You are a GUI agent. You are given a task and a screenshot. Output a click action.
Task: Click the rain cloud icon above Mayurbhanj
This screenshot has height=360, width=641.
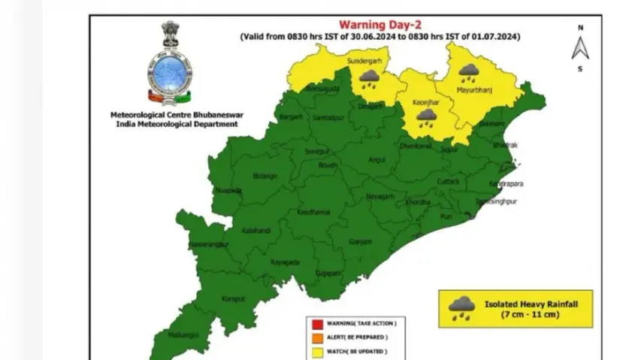click(x=470, y=73)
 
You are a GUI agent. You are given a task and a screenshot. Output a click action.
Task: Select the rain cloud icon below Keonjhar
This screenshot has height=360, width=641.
click(x=428, y=117)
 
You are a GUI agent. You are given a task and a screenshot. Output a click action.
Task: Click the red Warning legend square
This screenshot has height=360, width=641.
click(x=310, y=323)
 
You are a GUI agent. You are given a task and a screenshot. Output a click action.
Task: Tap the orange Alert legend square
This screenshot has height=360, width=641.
click(x=310, y=338)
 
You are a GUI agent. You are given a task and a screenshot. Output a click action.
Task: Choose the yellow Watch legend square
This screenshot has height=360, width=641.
click(x=310, y=352)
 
